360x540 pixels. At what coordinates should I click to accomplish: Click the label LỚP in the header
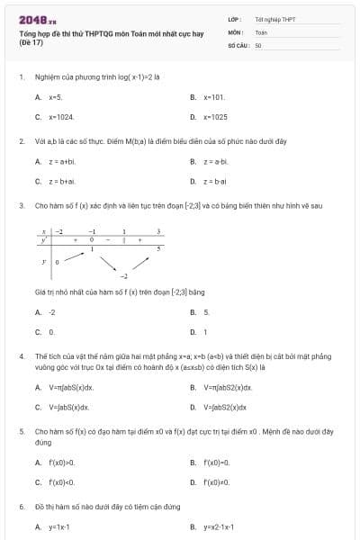[234, 19]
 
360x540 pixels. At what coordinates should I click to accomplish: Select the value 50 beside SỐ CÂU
[258, 44]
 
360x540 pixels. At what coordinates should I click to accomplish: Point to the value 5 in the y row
[158, 247]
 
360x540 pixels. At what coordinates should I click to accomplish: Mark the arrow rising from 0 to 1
[74, 256]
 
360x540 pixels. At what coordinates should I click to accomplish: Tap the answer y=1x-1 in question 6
[59, 526]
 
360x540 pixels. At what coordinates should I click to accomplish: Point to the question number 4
[21, 356]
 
